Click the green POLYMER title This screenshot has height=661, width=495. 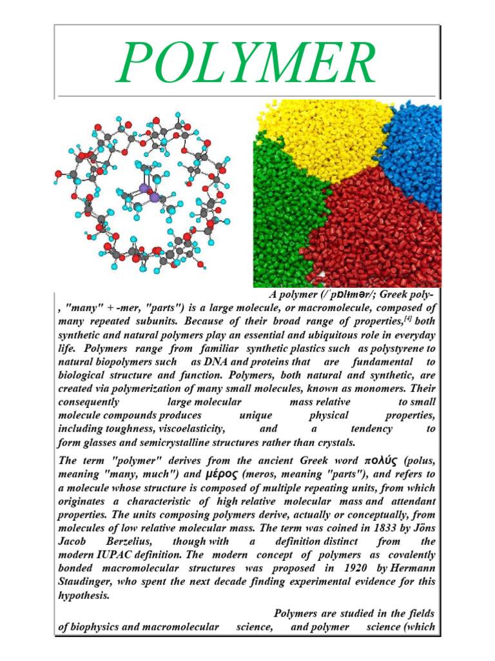click(247, 63)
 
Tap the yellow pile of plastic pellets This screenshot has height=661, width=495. click(322, 136)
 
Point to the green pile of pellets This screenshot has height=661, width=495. click(284, 213)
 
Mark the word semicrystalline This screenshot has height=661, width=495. click(189, 442)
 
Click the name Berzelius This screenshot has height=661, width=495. click(123, 542)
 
